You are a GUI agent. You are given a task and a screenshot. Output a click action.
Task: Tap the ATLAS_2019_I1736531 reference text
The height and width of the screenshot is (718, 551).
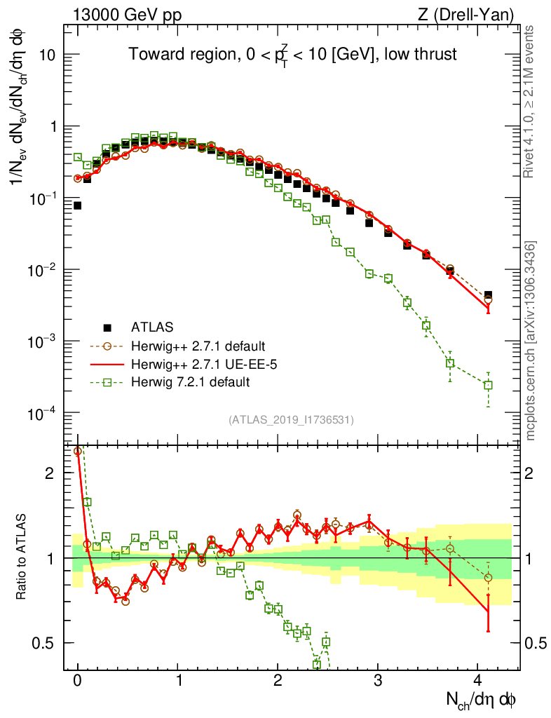click(291, 420)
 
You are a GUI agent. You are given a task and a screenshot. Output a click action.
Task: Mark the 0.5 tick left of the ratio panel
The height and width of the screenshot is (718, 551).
click(44, 642)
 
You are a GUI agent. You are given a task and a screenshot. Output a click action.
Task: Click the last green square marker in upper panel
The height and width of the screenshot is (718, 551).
click(488, 385)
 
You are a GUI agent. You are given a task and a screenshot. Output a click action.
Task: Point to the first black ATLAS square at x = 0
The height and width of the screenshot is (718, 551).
click(77, 205)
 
